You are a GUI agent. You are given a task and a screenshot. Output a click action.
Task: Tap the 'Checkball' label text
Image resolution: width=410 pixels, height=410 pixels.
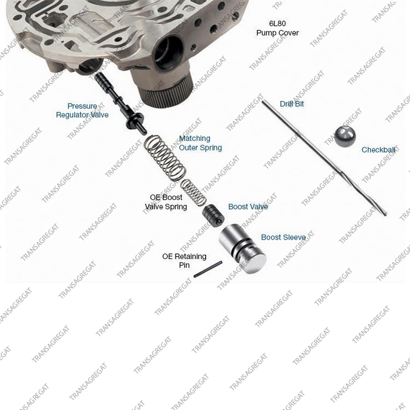point(378,150)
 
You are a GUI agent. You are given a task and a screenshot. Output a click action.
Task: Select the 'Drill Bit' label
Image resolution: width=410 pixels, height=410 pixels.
point(292,104)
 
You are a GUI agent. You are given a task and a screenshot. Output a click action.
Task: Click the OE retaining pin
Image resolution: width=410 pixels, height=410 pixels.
point(208,269)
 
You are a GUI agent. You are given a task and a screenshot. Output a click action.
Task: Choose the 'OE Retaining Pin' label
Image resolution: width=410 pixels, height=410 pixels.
point(184,261)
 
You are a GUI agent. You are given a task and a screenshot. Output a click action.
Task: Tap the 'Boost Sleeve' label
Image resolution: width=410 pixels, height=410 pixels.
point(283,237)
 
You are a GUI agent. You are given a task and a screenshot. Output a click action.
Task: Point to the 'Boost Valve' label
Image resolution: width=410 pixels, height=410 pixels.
point(248,207)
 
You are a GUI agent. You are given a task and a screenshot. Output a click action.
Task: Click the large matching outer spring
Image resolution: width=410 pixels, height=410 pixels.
point(164,158)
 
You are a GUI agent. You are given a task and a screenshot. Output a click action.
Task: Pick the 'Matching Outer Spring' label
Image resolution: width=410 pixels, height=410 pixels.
point(200,143)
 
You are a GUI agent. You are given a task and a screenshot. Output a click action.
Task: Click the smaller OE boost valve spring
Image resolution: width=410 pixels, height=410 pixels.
point(193,193)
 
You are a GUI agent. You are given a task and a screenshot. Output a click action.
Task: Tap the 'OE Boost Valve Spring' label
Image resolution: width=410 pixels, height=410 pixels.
point(166,202)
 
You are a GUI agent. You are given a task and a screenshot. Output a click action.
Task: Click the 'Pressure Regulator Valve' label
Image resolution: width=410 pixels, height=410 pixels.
point(82,110)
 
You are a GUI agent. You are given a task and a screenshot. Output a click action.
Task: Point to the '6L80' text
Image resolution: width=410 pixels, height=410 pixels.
point(278,23)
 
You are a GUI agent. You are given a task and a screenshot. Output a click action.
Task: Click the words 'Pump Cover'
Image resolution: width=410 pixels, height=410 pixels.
point(278,33)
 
